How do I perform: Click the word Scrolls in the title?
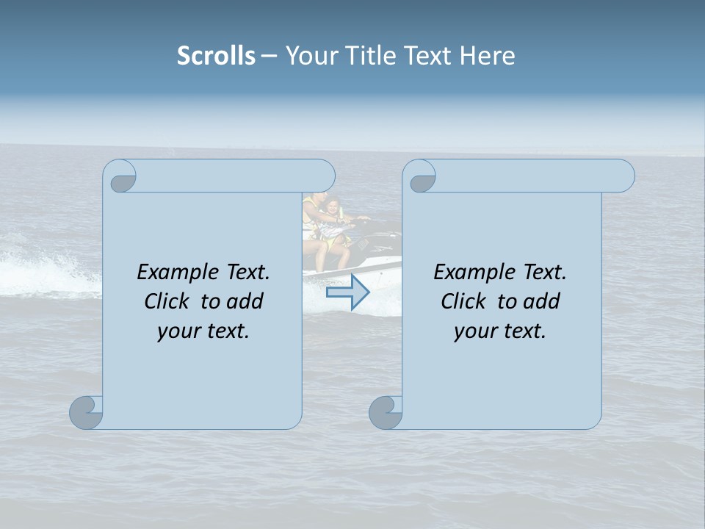point(216,56)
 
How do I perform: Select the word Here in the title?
point(487,56)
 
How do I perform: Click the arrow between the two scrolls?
point(347,292)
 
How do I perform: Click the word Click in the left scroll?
point(166,301)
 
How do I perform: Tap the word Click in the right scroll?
point(463,301)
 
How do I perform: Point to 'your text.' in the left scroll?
point(203,331)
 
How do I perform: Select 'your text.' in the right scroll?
point(500,331)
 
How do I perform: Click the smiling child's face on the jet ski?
point(333,209)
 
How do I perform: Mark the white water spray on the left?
point(44,268)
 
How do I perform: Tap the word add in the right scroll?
point(542,301)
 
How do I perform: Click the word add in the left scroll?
point(245,301)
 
